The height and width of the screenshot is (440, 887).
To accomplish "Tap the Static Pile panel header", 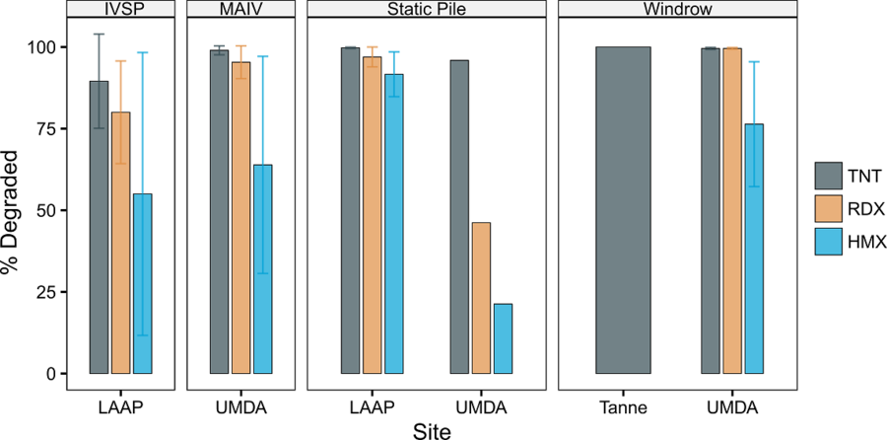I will [x=427, y=9].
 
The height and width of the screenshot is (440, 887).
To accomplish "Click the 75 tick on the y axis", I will [x=51, y=129].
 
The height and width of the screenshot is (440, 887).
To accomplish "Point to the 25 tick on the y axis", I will [x=51, y=292].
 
